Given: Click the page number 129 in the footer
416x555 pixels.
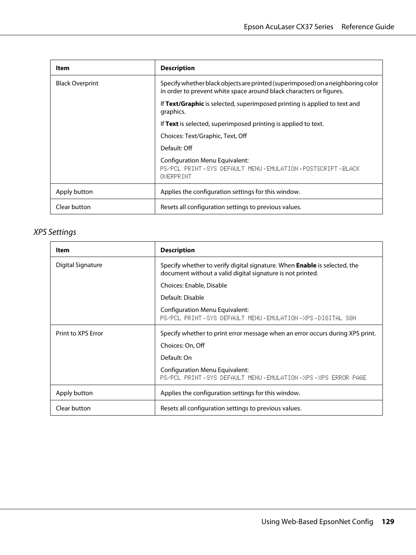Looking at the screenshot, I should point(388,521).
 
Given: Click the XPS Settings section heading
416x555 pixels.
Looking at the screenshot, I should point(55,232).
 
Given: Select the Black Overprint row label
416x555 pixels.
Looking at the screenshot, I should point(77,83).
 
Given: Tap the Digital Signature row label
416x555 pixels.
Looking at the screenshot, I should point(79,265).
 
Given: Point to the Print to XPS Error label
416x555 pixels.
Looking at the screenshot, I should point(79,333).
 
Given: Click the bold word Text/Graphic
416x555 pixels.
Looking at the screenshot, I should point(184,104).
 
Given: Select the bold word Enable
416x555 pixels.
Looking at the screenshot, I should point(306,265).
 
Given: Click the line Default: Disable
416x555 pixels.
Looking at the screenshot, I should point(182,298).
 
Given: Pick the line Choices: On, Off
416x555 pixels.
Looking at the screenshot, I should point(182,345).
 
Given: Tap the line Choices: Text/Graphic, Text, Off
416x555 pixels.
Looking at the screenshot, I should point(204,136).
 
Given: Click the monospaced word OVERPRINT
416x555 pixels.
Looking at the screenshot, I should point(176,176).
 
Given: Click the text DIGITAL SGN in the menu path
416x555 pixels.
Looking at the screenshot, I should point(337,318).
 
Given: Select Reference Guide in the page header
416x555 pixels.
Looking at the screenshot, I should point(368,27).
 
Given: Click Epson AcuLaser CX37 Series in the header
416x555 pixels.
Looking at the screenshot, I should point(288,27).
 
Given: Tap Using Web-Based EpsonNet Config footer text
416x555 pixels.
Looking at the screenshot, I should point(317,521).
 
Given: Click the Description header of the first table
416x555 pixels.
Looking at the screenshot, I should point(177,68).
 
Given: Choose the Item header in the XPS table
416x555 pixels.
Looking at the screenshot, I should point(62,250).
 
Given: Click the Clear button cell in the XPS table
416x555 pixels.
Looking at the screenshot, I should point(73,408).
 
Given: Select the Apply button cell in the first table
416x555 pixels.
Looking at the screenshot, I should point(74,192).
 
